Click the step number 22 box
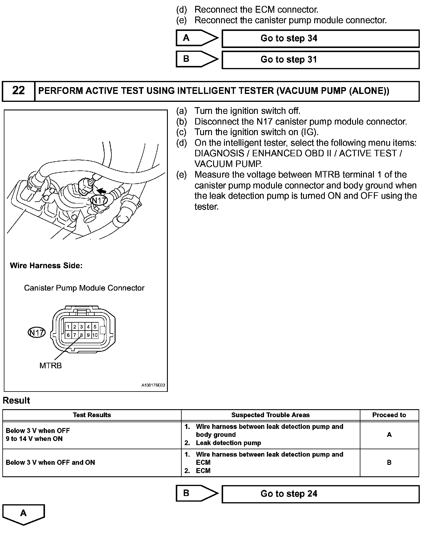coord(19,91)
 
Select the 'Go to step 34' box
coord(320,39)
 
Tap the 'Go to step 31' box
coord(320,60)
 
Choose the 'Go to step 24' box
coord(320,494)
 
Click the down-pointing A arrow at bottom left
coord(23,514)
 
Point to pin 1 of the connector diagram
coord(68,327)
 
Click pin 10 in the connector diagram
coord(95,335)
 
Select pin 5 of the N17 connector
coord(95,327)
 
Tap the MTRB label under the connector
coord(51,366)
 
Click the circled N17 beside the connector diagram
coord(37,333)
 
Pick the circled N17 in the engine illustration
coord(99,200)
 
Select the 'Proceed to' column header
coord(389,415)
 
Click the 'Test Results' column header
coord(92,415)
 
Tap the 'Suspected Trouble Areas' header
coord(270,415)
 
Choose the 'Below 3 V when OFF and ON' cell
coord(51,462)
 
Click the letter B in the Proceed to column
coord(389,462)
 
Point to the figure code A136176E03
coord(153,385)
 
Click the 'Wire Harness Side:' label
coord(46,266)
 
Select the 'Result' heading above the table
coord(16,401)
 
